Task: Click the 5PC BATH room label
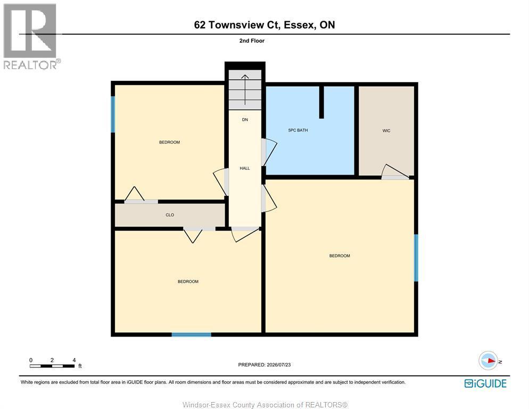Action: [x=298, y=130]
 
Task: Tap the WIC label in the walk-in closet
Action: [x=386, y=130]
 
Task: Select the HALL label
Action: [x=245, y=168]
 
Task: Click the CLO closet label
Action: [x=170, y=215]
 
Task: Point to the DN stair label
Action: [x=245, y=120]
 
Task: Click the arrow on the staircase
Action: [x=245, y=90]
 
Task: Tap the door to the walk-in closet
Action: [x=395, y=171]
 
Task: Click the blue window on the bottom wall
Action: [x=191, y=334]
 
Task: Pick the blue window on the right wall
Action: [x=416, y=258]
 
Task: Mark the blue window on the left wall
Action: [x=113, y=114]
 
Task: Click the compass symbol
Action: [x=489, y=361]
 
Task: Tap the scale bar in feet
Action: [x=52, y=366]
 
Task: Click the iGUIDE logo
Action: [x=485, y=383]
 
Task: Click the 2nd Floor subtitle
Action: [x=252, y=40]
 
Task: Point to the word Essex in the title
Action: [x=300, y=24]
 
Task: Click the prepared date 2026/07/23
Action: [x=279, y=365]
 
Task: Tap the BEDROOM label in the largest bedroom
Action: [x=340, y=256]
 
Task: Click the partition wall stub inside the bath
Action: [x=321, y=102]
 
